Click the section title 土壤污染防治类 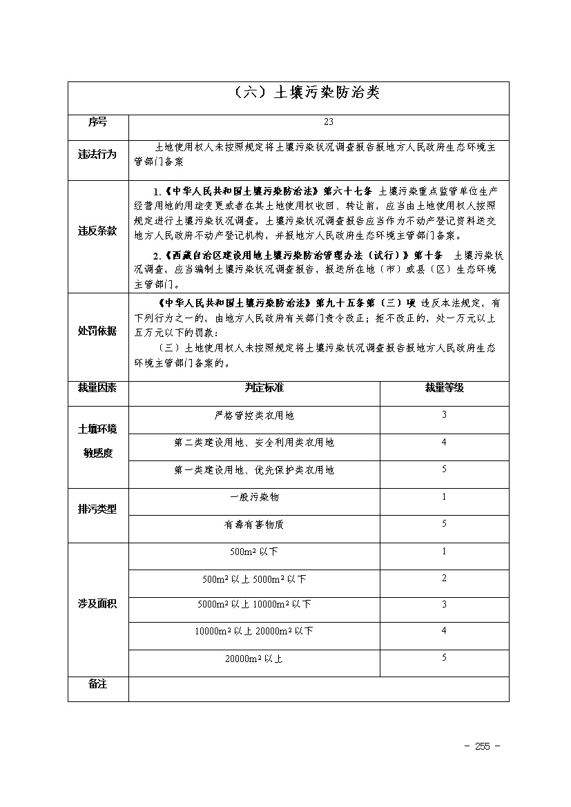pyautogui.click(x=303, y=93)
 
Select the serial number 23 pyautogui.click(x=328, y=122)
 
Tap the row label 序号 pyautogui.click(x=97, y=122)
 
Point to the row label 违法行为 pyautogui.click(x=97, y=154)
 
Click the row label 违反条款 pyautogui.click(x=97, y=231)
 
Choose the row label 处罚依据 pyautogui.click(x=97, y=331)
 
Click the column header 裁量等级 pyautogui.click(x=444, y=388)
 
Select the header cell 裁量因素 pyautogui.click(x=97, y=388)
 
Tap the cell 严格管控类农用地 pyautogui.click(x=254, y=416)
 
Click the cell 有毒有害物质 pyautogui.click(x=254, y=525)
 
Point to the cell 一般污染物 pyautogui.click(x=254, y=497)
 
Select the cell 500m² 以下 pyautogui.click(x=254, y=552)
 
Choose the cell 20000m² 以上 pyautogui.click(x=254, y=659)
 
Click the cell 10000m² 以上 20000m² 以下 pyautogui.click(x=254, y=631)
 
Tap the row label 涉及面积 pyautogui.click(x=97, y=604)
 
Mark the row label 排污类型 pyautogui.click(x=97, y=509)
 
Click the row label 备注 pyautogui.click(x=97, y=684)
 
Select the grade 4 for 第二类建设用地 pyautogui.click(x=444, y=443)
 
